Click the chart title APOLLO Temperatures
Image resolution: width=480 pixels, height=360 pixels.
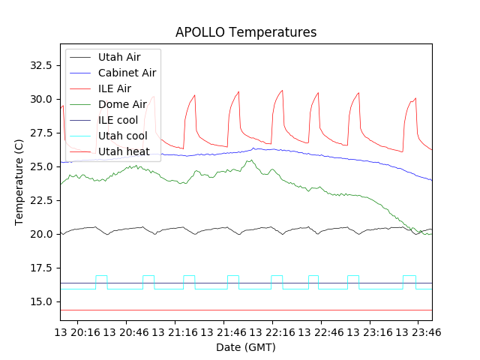click(246, 32)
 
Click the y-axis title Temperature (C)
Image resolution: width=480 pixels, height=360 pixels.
click(19, 182)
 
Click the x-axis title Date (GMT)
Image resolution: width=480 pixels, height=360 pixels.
click(246, 347)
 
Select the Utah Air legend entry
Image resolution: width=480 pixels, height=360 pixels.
click(118, 56)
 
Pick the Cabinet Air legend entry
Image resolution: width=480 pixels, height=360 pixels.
click(127, 73)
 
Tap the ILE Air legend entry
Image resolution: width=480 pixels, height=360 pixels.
click(114, 88)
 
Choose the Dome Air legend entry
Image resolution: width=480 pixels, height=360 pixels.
click(122, 104)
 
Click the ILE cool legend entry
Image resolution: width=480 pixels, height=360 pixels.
click(117, 120)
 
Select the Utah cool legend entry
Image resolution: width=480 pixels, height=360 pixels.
click(122, 136)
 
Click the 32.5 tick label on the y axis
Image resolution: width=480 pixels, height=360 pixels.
click(39, 65)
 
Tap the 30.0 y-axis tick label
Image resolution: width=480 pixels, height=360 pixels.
click(39, 99)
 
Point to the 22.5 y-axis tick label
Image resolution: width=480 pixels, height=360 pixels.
click(39, 200)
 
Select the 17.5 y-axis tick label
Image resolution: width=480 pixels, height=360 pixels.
click(39, 268)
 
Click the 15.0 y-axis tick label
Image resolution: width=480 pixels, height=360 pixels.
click(39, 301)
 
